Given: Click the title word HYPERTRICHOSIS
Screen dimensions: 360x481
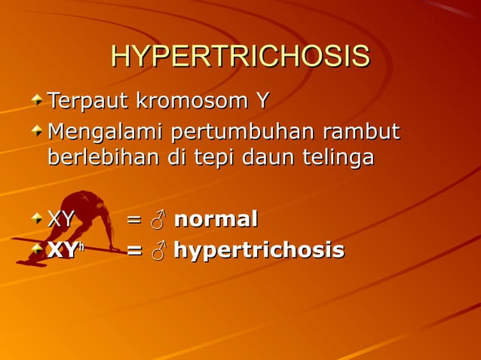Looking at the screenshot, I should coord(240,57).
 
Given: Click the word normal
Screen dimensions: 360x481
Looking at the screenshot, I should coord(216,220).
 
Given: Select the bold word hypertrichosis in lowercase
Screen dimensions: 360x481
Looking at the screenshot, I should coord(259,251).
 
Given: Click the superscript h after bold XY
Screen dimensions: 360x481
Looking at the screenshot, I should coord(78,245).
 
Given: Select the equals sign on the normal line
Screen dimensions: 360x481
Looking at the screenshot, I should coord(133,221).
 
